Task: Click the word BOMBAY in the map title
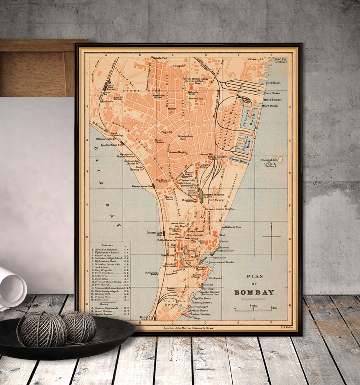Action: (x=254, y=292)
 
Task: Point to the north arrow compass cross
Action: (x=271, y=236)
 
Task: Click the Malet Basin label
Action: (x=270, y=106)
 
